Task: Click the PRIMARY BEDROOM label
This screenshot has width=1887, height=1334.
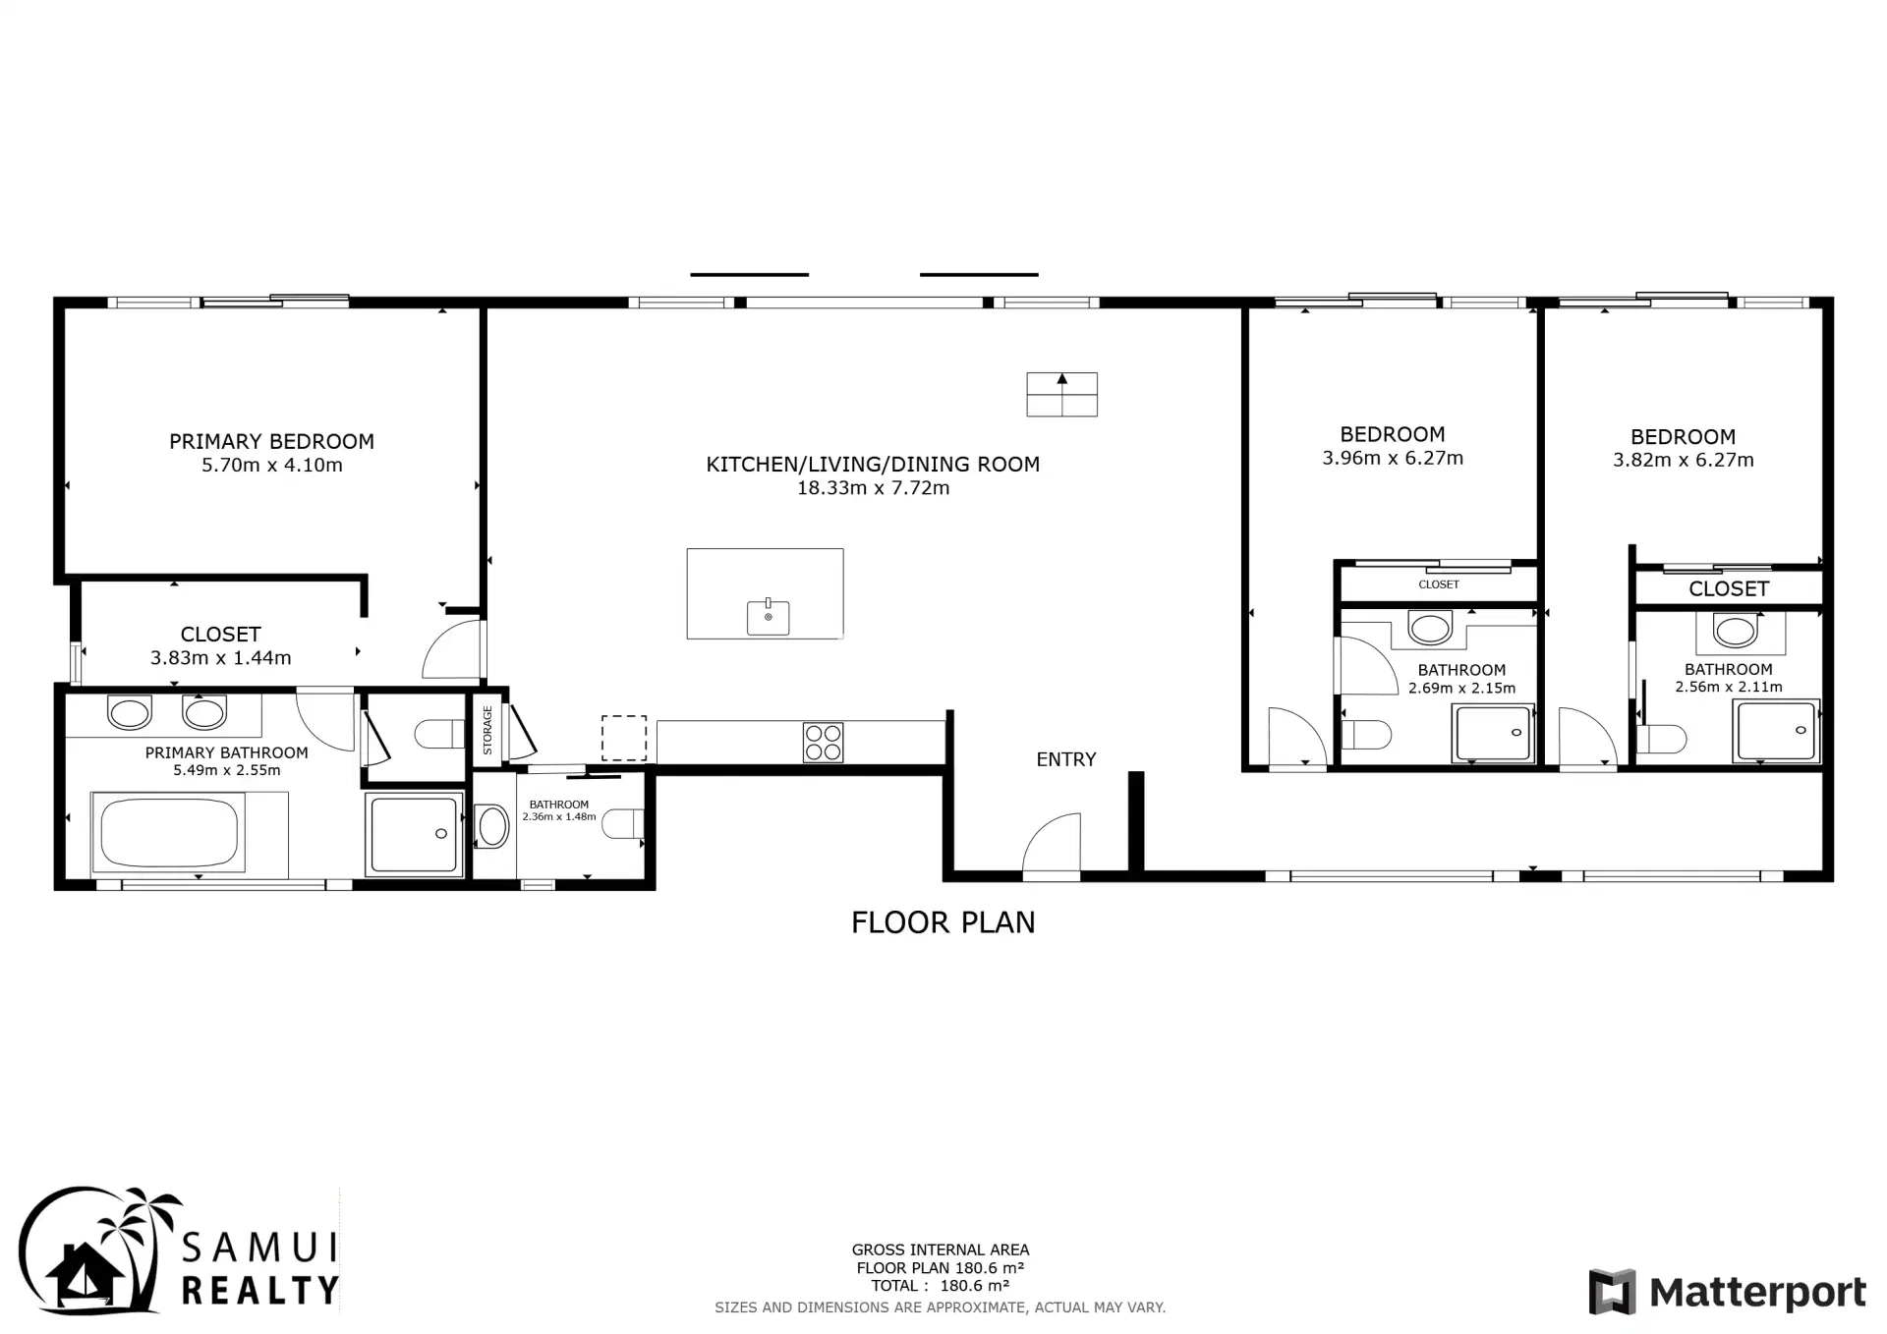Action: pos(271,442)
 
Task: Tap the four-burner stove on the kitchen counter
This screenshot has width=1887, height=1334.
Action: pos(823,743)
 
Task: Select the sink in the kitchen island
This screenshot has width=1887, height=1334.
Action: pos(768,617)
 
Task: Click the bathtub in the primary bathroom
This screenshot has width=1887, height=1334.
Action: pos(169,834)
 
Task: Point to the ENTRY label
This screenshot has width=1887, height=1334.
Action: pos(1066,759)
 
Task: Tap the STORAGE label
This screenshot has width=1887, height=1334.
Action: pos(487,730)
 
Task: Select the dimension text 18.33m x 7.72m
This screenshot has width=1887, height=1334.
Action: pos(873,488)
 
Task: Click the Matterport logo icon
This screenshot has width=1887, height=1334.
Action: pos(1612,1291)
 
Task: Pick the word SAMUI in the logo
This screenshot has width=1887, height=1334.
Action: pos(260,1248)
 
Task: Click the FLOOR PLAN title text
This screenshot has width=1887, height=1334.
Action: pos(943,922)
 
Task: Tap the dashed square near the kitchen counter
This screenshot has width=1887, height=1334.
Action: pos(624,738)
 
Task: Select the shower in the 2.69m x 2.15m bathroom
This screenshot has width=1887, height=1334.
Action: pos(1493,734)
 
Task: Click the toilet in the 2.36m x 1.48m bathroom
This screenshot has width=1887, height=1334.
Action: pos(622,823)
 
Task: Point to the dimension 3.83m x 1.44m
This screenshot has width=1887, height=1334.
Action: pos(220,658)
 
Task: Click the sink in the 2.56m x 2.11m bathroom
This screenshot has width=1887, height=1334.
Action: pos(1735,631)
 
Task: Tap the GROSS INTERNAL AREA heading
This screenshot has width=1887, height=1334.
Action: pos(941,1251)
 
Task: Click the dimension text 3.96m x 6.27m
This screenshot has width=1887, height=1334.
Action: pos(1393,458)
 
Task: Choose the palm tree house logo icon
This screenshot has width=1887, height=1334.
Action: pos(90,1250)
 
